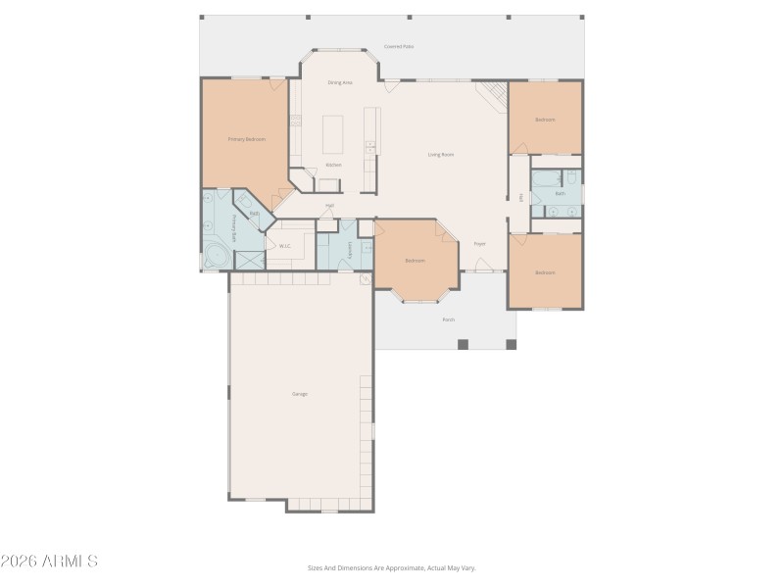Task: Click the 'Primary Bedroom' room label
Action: pyautogui.click(x=247, y=139)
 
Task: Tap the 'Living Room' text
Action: pyautogui.click(x=441, y=155)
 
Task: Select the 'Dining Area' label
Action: pyautogui.click(x=340, y=83)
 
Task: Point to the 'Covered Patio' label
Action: pyautogui.click(x=398, y=46)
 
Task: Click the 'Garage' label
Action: pyautogui.click(x=300, y=394)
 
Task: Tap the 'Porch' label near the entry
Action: pyautogui.click(x=448, y=319)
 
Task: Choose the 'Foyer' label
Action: pyautogui.click(x=480, y=243)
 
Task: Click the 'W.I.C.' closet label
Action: pyautogui.click(x=285, y=246)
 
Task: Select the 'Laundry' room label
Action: pyautogui.click(x=350, y=249)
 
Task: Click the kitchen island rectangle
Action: pyautogui.click(x=334, y=134)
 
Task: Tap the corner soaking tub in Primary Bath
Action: pyautogui.click(x=215, y=259)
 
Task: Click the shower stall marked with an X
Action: pyautogui.click(x=249, y=260)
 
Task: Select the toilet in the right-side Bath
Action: pyautogui.click(x=571, y=178)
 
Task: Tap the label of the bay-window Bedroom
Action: pyautogui.click(x=416, y=261)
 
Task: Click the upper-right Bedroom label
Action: pyautogui.click(x=545, y=120)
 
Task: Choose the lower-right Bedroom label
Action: pyautogui.click(x=545, y=272)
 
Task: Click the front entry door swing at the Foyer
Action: pyautogui.click(x=481, y=264)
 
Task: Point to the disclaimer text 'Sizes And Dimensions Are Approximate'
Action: pyautogui.click(x=392, y=567)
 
